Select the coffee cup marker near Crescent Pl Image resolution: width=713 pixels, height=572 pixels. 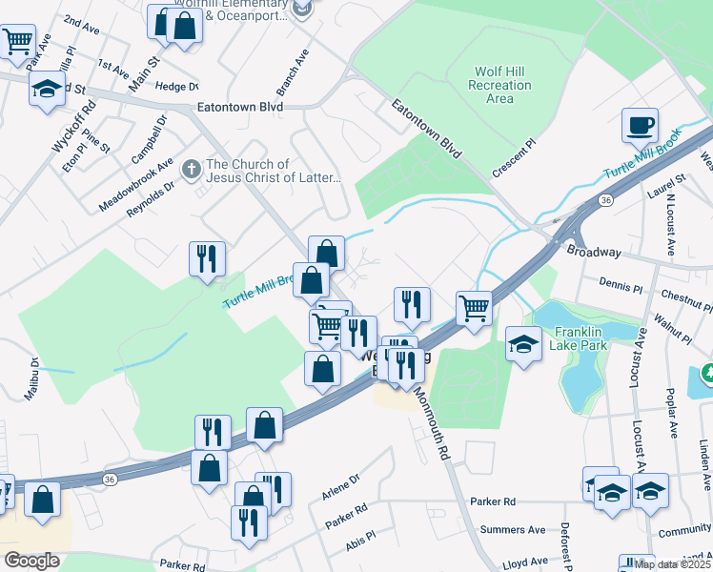click(x=640, y=125)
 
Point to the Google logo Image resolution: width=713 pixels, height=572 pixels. click(x=31, y=560)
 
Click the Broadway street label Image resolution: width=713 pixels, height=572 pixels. click(x=593, y=253)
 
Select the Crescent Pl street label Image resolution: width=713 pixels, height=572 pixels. click(x=515, y=159)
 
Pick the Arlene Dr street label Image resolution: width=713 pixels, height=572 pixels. click(x=341, y=487)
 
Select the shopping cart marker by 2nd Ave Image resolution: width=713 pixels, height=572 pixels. click(x=18, y=42)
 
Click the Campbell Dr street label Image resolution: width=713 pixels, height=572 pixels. click(x=150, y=138)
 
